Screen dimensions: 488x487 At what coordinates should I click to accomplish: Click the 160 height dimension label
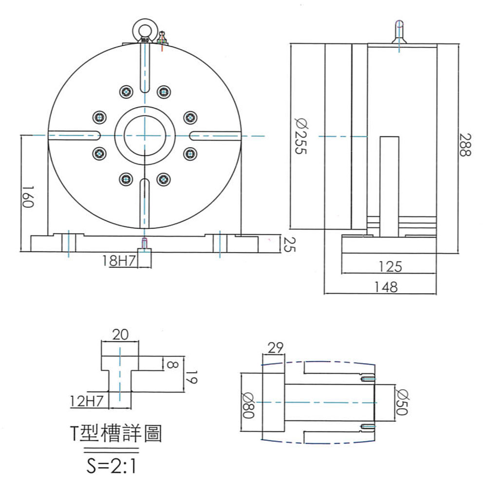click(x=28, y=196)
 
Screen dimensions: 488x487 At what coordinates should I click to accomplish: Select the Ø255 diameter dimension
click(x=300, y=137)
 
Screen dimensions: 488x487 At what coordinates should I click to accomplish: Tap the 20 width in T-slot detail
click(x=120, y=335)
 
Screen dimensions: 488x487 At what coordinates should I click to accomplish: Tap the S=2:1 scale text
click(x=110, y=467)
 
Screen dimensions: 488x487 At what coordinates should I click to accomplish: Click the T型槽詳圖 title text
click(x=116, y=433)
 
